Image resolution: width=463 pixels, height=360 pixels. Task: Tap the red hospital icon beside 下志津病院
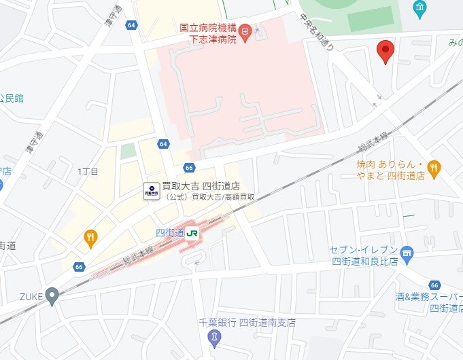245,30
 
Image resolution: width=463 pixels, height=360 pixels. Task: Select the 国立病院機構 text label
207,29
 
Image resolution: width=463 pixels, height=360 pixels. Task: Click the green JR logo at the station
192,233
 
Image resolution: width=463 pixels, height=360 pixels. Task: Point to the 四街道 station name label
170,233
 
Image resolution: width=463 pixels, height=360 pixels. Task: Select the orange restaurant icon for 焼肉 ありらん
434,166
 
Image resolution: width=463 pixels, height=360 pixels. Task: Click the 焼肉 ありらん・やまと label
391,170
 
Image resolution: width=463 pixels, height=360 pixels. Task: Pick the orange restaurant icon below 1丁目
90,237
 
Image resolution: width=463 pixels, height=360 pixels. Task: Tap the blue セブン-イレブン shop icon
407,254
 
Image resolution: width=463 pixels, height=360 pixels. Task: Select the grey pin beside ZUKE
52,296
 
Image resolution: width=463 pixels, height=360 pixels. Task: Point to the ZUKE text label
31,296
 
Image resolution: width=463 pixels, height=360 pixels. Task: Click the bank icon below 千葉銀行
215,338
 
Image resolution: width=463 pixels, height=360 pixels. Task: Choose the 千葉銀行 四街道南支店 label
247,323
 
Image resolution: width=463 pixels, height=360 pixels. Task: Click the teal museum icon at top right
419,9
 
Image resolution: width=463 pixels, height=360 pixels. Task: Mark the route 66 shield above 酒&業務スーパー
434,285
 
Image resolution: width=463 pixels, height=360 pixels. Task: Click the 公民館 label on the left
12,98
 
